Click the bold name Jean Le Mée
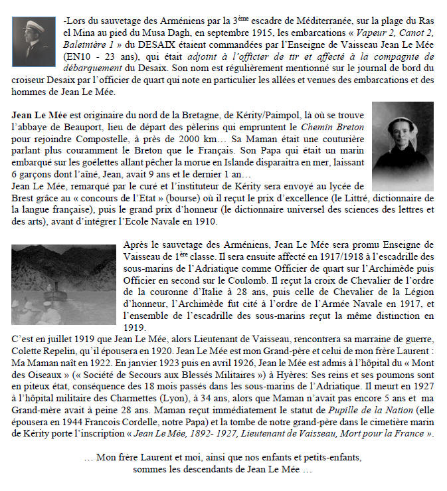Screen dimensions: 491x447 click(x=41, y=114)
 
